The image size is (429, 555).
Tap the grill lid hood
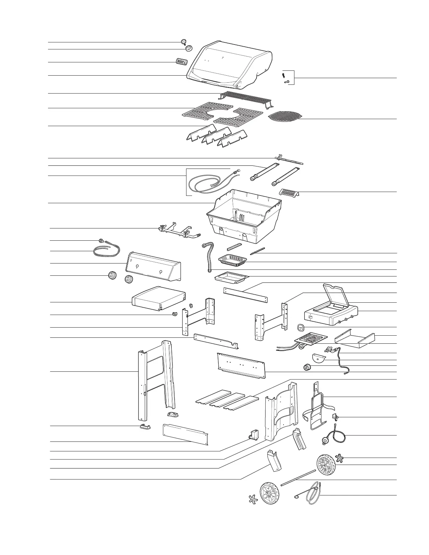pos(230,65)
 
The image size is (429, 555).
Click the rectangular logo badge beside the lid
pos(181,62)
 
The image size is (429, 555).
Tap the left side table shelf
pos(158,298)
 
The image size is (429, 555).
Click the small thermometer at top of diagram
pos(184,42)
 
